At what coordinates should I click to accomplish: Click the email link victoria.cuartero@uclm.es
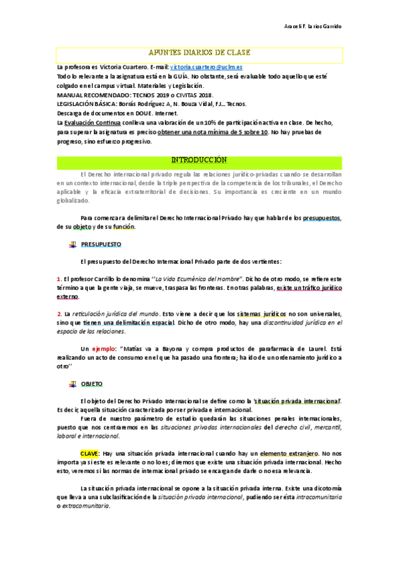coord(206,68)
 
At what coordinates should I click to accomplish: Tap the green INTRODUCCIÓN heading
coord(199,161)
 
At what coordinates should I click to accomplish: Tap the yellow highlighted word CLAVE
coord(90,453)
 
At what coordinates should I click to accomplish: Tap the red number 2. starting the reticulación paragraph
coord(59,313)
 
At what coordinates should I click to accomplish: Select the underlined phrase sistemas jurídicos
coord(261,313)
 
